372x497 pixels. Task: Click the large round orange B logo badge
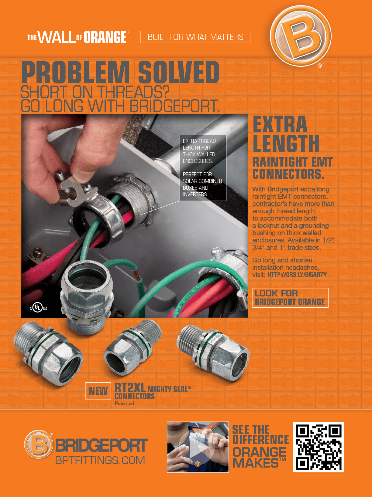(x=301, y=36)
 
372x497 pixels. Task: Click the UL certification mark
(x=38, y=308)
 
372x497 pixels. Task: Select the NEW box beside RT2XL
(x=98, y=390)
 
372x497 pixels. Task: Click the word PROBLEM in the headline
(x=76, y=73)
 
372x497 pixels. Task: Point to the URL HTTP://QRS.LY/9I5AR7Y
(x=297, y=275)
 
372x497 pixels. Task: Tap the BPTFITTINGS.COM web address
(x=100, y=461)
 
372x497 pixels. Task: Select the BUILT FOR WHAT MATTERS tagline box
(x=195, y=37)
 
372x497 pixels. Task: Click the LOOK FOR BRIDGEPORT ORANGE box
(x=290, y=298)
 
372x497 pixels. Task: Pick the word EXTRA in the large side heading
(x=280, y=124)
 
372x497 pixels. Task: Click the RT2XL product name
(x=130, y=388)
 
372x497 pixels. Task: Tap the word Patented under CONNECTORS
(x=124, y=403)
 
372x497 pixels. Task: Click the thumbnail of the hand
(x=198, y=447)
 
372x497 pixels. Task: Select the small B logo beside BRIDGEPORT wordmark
(x=38, y=444)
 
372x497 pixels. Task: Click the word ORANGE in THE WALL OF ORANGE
(x=105, y=37)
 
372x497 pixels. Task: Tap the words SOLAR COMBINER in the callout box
(x=202, y=181)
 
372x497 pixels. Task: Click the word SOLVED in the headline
(x=179, y=73)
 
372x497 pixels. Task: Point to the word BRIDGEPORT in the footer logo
(x=102, y=445)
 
